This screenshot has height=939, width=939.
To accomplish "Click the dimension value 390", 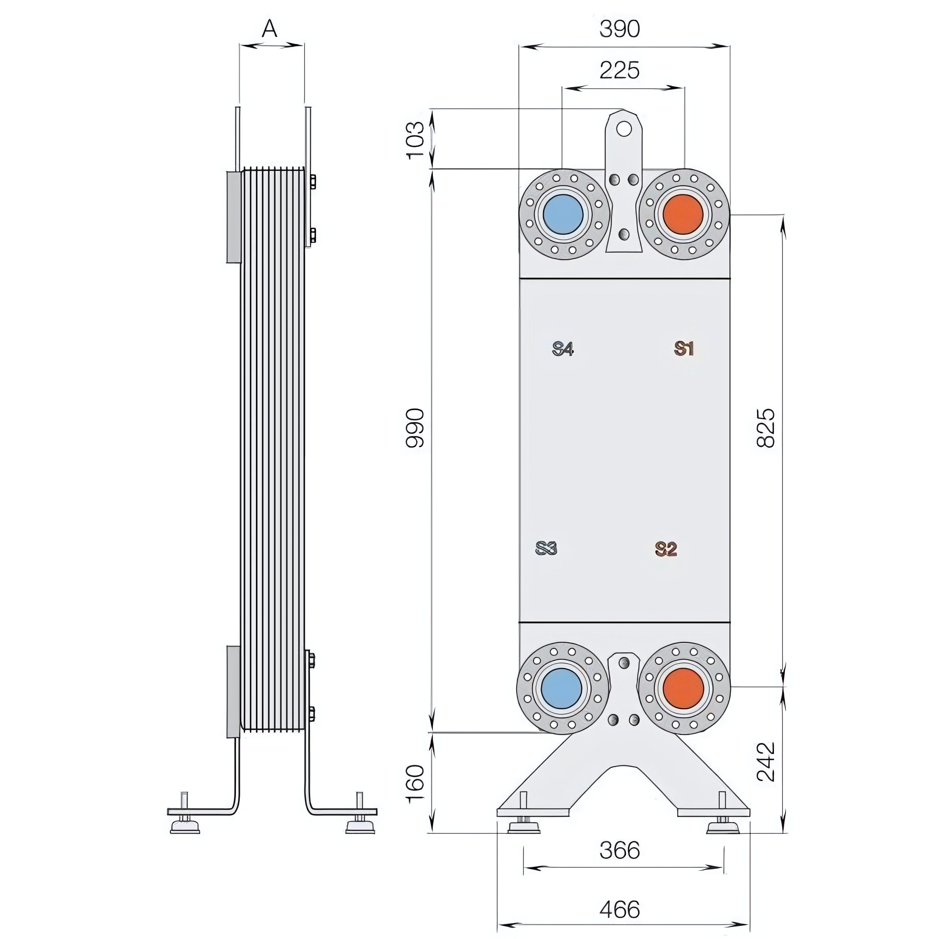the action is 619,29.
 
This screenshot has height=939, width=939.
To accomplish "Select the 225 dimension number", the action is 619,71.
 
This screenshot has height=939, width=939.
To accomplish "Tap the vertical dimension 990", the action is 416,428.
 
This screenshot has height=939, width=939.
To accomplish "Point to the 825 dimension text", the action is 766,428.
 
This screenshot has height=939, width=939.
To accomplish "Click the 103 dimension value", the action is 416,140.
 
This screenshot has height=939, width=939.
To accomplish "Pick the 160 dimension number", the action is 416,784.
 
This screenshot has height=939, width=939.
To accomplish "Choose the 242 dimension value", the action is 766,762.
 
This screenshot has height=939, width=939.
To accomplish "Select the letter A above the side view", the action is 270,29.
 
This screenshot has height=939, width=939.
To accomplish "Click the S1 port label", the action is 684,348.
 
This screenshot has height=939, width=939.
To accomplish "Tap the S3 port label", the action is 546,548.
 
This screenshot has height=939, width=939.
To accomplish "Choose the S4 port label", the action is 563,348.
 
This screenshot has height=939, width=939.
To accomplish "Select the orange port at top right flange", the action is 683,214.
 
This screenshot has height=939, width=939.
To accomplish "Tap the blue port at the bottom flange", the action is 561,688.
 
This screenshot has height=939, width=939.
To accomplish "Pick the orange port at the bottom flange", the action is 683,688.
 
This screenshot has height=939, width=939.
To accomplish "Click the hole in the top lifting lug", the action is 624,128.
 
